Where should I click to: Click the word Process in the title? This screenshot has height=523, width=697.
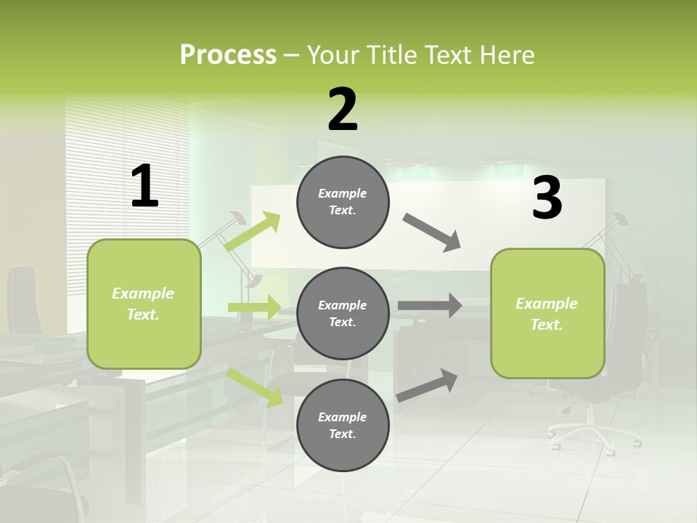click(x=228, y=54)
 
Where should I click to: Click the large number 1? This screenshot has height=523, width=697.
click(x=144, y=187)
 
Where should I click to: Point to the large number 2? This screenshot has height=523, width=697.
click(x=343, y=110)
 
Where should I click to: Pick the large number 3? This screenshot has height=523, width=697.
click(x=547, y=198)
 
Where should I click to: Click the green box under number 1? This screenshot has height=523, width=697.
click(x=144, y=304)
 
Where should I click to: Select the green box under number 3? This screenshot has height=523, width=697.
click(x=547, y=314)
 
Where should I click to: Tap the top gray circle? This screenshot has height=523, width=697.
click(x=343, y=202)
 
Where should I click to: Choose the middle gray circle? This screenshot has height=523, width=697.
click(x=343, y=314)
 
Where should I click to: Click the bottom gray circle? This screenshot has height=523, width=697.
click(x=343, y=426)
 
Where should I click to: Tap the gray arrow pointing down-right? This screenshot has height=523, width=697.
click(x=432, y=232)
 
